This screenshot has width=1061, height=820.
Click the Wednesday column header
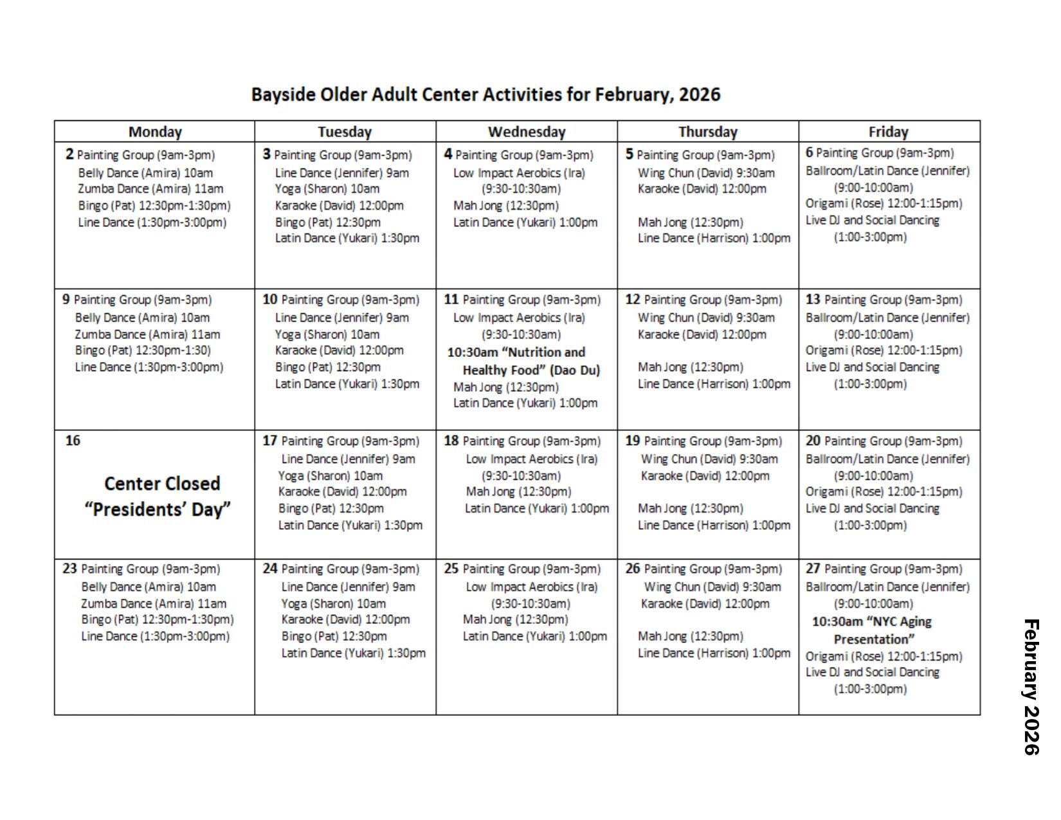coord(526,132)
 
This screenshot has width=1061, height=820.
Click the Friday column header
coord(888,132)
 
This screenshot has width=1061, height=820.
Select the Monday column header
coord(155,132)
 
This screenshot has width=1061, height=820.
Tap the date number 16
coord(73,441)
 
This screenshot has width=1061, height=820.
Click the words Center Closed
coord(162,484)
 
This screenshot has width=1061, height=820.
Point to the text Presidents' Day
coord(158,509)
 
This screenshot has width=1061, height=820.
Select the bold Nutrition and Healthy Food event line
coord(523,361)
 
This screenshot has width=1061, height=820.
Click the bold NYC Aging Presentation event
coord(872,630)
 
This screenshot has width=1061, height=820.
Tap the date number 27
coord(813,569)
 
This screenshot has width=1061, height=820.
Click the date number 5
coord(630,154)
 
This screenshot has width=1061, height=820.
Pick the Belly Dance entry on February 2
coord(145,173)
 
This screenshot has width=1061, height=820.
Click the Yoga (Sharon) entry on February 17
coord(330,476)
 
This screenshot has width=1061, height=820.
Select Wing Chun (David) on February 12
coord(705,318)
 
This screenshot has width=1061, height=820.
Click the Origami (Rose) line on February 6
coord(884,204)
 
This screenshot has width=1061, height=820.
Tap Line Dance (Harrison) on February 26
coord(714,653)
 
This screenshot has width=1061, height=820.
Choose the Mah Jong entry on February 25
coord(515,619)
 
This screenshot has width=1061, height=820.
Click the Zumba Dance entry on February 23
coord(153,603)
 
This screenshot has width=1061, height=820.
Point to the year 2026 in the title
coord(700,95)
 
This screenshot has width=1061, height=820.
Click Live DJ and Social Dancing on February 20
coord(872,508)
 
